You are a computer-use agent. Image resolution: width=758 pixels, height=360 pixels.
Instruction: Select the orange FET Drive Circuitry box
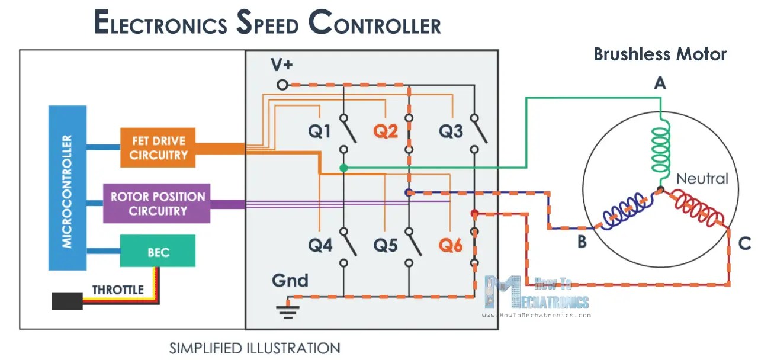click(158, 148)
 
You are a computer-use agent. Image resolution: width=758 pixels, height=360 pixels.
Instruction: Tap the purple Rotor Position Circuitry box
click(157, 204)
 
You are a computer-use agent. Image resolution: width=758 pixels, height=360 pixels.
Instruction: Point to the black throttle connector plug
click(67, 301)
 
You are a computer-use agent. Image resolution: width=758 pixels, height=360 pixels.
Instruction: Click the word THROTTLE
click(118, 290)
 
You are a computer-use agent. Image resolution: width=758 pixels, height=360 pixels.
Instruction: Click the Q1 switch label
click(319, 131)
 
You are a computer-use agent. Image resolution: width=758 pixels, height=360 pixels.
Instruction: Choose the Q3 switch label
click(451, 131)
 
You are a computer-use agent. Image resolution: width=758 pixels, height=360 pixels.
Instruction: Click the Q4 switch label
click(320, 245)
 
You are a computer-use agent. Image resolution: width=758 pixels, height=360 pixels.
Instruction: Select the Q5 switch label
click(386, 245)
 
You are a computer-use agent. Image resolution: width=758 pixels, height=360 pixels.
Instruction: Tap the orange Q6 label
click(451, 245)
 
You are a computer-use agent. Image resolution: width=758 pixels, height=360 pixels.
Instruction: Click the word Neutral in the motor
click(702, 178)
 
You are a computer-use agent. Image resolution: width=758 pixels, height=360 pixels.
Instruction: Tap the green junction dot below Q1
click(343, 168)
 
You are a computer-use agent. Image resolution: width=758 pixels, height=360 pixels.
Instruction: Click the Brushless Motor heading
click(660, 54)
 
